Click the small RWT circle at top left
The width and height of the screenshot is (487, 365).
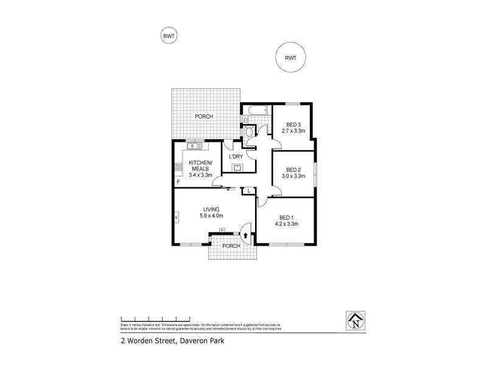[x=169, y=36]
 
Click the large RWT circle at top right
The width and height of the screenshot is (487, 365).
[x=290, y=58]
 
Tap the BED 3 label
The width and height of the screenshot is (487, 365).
[x=294, y=125]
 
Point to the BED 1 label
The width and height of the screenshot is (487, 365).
[x=287, y=217]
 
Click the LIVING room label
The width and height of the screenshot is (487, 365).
[x=211, y=209]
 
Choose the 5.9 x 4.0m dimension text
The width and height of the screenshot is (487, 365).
[x=211, y=215]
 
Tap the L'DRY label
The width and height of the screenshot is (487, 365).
[x=236, y=157]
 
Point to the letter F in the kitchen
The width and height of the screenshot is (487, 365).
[x=178, y=182]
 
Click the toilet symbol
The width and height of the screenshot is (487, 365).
[x=250, y=131]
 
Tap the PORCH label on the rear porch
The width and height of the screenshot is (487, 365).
[x=203, y=116]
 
